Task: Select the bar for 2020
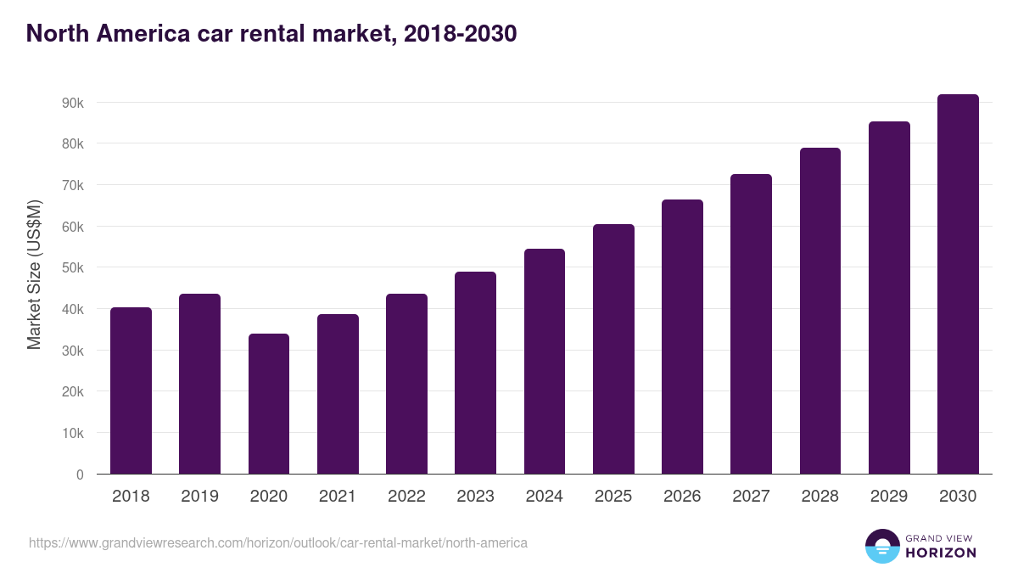pyautogui.click(x=268, y=404)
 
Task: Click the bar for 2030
pyautogui.click(x=958, y=284)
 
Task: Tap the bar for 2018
pyautogui.click(x=131, y=390)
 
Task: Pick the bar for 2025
pyautogui.click(x=613, y=349)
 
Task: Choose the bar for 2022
pyautogui.click(x=406, y=384)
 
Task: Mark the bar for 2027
pyautogui.click(x=751, y=324)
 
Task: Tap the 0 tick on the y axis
pyautogui.click(x=80, y=475)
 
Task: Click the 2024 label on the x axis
pyautogui.click(x=544, y=497)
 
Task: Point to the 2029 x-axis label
pyautogui.click(x=889, y=497)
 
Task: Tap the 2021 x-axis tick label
pyautogui.click(x=338, y=497)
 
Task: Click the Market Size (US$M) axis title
pyautogui.click(x=34, y=275)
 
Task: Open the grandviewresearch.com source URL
pyautogui.click(x=278, y=542)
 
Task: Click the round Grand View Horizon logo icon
pyautogui.click(x=881, y=547)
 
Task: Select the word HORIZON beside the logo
pyautogui.click(x=941, y=553)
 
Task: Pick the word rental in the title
pyautogui.click(x=276, y=34)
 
